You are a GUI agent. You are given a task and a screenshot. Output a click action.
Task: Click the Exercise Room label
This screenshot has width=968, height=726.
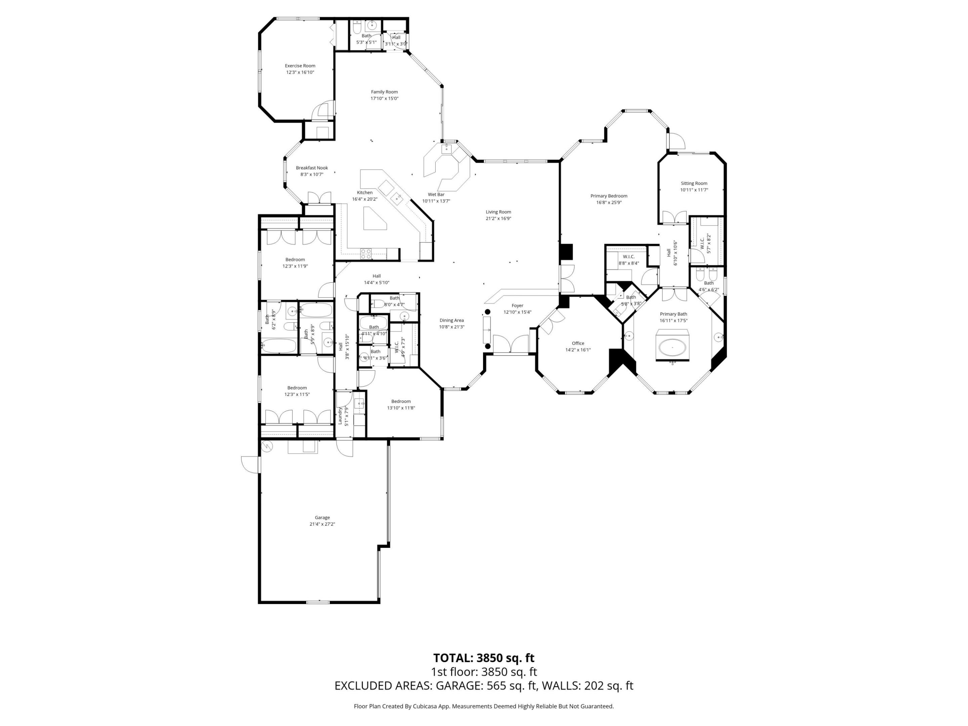tap(300, 66)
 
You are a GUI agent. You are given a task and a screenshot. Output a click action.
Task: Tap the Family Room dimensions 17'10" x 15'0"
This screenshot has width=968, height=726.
tap(384, 98)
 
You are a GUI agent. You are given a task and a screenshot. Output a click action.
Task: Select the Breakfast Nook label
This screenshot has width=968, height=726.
tap(312, 168)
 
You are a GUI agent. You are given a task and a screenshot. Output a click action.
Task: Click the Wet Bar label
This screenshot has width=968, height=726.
tap(436, 194)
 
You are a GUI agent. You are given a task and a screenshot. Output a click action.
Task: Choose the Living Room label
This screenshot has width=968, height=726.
tap(498, 212)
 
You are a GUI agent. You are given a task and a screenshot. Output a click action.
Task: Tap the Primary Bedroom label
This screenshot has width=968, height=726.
tap(608, 196)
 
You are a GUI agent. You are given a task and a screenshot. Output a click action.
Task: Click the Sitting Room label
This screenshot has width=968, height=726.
tap(694, 184)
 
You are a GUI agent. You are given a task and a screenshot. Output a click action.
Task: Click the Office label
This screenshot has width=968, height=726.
tap(578, 343)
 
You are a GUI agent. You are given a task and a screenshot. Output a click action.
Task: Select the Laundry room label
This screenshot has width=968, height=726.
tap(340, 415)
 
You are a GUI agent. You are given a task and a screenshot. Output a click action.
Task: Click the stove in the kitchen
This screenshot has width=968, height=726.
tap(366, 252)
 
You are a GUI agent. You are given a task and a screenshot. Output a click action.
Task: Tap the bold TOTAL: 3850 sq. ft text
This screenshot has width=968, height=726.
tap(484, 658)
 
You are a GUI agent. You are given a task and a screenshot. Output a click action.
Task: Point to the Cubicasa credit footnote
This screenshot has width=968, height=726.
tap(484, 706)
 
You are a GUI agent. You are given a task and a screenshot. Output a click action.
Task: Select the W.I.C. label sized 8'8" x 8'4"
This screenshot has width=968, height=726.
tap(629, 256)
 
